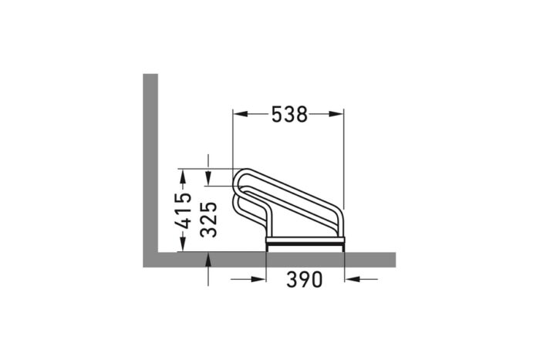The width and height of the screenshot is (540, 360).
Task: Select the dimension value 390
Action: [x=305, y=279]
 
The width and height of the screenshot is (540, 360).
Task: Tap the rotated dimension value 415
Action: [x=184, y=211]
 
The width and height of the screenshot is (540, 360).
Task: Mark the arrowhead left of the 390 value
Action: [x=258, y=279]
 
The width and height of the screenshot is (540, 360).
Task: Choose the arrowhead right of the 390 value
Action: [x=353, y=279]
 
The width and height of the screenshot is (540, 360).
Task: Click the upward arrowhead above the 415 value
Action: [x=184, y=178]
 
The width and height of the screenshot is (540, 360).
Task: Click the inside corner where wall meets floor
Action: [x=158, y=251]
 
